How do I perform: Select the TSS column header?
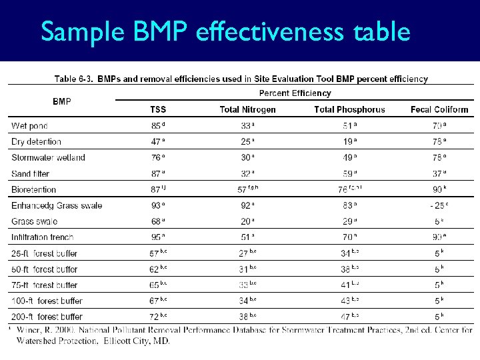[x=159, y=109]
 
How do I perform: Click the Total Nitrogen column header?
[x=247, y=109]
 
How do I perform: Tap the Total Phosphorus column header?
[x=349, y=109]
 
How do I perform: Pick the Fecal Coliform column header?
[x=439, y=109]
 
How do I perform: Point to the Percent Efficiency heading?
[x=295, y=93]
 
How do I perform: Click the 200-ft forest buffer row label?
[x=47, y=317]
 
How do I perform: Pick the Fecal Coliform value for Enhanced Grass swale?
[x=437, y=205]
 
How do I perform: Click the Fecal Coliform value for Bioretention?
[x=437, y=190]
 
